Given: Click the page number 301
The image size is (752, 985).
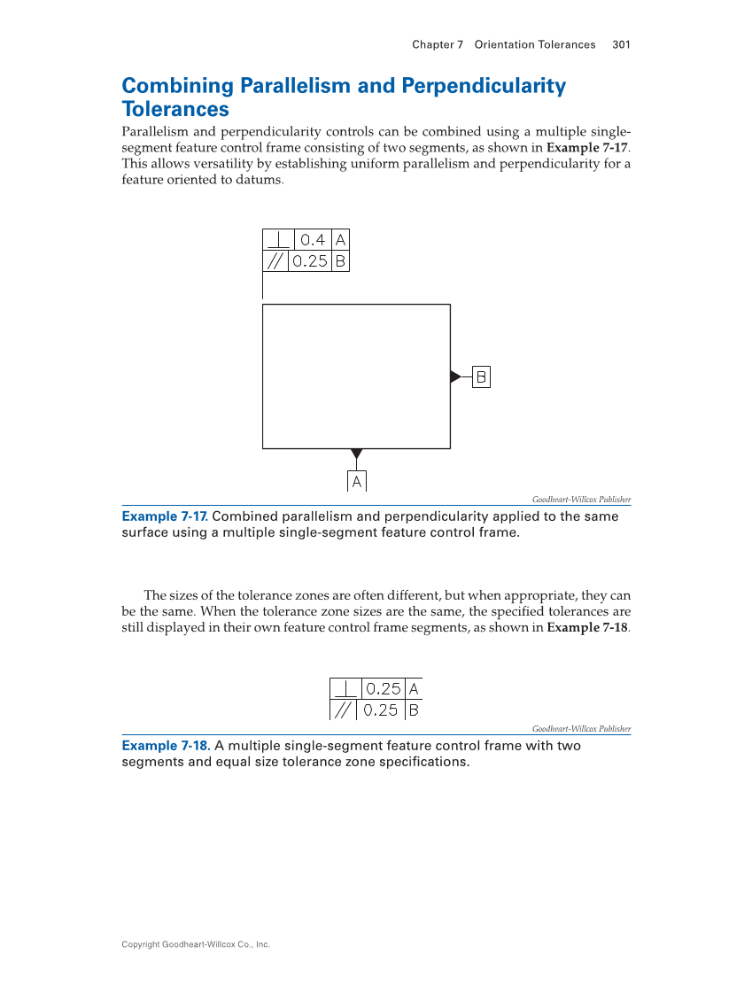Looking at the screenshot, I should coord(621,44).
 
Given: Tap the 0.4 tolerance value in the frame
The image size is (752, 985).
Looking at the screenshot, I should coord(314,239).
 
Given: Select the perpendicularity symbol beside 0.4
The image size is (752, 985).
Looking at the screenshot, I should coord(278,239).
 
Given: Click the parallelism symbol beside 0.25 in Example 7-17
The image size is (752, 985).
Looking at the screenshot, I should coord(277,261).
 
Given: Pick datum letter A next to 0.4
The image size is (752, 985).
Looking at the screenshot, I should coord(341,239).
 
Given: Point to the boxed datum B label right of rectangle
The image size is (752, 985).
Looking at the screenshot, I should coord(481,376).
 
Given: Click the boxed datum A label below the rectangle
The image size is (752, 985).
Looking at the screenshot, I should coord(356,481).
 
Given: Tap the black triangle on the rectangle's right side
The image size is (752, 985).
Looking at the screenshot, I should coord(455,376).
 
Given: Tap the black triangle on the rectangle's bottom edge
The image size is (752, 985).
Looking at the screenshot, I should coord(356,454).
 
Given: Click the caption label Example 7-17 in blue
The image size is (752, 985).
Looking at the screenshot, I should coord(164,516).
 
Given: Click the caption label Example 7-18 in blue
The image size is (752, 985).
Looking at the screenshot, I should coord(165,746).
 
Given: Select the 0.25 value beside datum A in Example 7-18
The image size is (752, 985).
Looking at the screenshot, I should coord(383,688).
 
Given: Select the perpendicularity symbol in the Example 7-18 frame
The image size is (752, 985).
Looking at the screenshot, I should coord(346,688).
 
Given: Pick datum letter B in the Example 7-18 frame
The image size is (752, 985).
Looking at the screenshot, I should coord(413,710).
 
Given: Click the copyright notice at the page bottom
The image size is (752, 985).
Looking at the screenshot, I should coord(195,944).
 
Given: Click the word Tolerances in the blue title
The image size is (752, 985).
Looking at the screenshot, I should coord(175,109).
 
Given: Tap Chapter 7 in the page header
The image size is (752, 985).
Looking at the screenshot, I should coord(438,44).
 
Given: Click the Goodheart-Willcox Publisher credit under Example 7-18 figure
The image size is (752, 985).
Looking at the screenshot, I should coord(581,729).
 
